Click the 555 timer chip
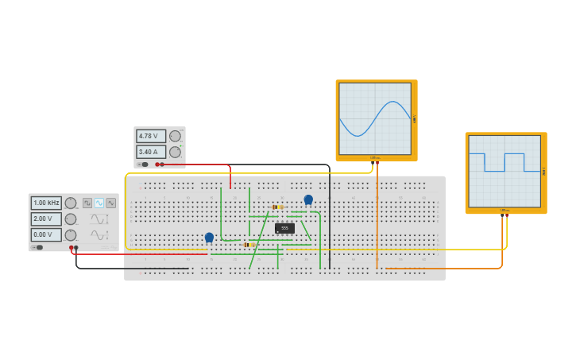click(284, 228)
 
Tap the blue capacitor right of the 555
click(308, 199)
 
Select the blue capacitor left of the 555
click(209, 237)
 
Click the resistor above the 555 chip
click(277, 207)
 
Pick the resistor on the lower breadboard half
click(249, 245)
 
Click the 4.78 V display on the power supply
click(151, 136)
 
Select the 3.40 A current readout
click(151, 152)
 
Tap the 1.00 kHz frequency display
click(46, 203)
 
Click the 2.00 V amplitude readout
click(46, 219)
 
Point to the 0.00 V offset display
click(46, 234)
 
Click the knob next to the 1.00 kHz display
click(71, 203)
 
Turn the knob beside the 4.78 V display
click(175, 136)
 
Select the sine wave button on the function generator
click(99, 203)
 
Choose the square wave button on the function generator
click(87, 203)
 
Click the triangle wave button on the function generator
click(110, 203)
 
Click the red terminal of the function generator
click(72, 247)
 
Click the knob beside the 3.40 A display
click(175, 152)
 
